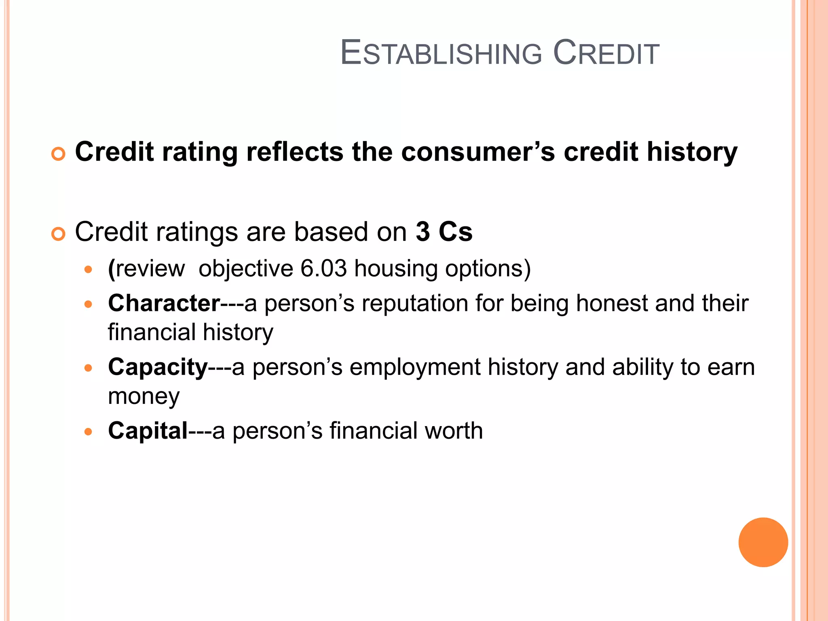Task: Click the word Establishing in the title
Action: tap(441, 53)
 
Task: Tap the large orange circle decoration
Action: tap(763, 542)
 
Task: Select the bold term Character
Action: tap(164, 303)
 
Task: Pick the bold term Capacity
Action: tap(158, 367)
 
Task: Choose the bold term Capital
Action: tap(148, 431)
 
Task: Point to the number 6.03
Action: tap(323, 268)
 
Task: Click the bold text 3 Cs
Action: tap(444, 232)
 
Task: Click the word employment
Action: tap(415, 367)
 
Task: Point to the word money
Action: tap(144, 396)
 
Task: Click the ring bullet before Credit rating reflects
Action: tap(59, 154)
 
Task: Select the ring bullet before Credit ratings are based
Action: tap(59, 234)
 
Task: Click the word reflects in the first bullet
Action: tap(295, 152)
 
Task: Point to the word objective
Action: tap(246, 268)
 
